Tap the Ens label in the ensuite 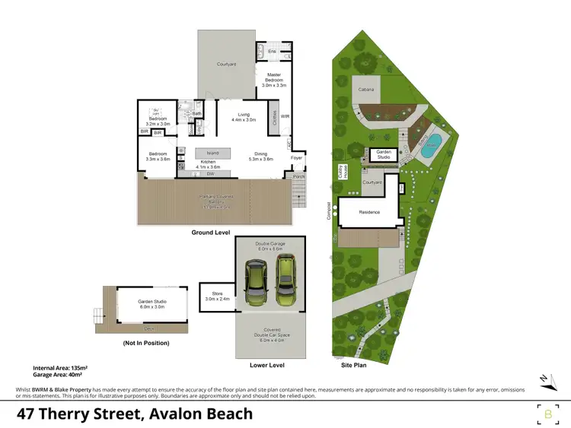pyautogui.click(x=271, y=51)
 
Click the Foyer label pyautogui.click(x=296, y=159)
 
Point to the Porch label pyautogui.click(x=298, y=176)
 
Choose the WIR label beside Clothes pyautogui.click(x=285, y=117)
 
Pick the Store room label pyautogui.click(x=215, y=296)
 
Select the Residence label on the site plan pyautogui.click(x=369, y=212)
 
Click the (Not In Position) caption pyautogui.click(x=145, y=343)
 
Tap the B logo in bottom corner pyautogui.click(x=547, y=414)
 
